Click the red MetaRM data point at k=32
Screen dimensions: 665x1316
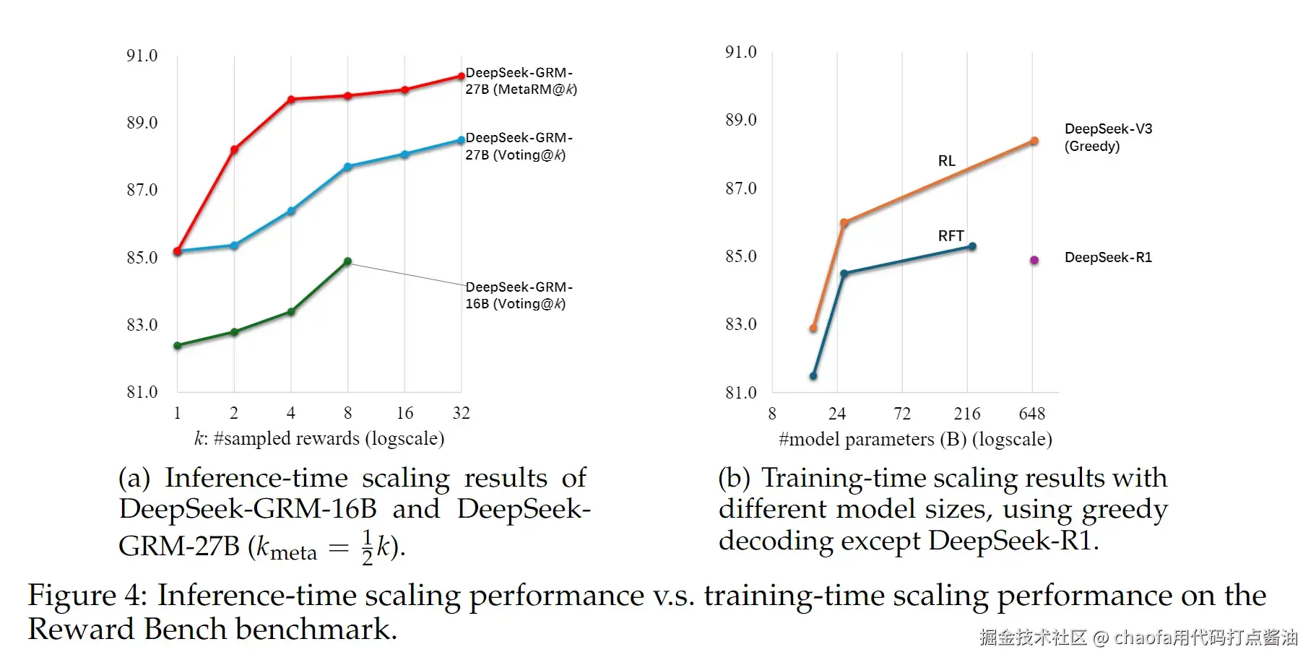click(462, 76)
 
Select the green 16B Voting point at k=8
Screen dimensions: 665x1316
click(347, 261)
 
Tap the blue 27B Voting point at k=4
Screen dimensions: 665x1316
click(291, 211)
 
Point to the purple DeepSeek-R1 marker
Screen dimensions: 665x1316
click(1034, 260)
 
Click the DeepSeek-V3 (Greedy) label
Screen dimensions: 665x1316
click(1108, 137)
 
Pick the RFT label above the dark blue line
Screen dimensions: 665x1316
click(951, 236)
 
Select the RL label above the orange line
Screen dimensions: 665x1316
click(946, 161)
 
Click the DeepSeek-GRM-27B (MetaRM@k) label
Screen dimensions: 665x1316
click(520, 81)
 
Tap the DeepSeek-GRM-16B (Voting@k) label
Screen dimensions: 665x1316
click(519, 295)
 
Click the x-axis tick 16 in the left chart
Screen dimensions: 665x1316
click(404, 413)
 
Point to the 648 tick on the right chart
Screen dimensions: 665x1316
click(1031, 414)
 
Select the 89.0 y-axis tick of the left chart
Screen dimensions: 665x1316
click(142, 123)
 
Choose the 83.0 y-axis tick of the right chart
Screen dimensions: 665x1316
click(740, 324)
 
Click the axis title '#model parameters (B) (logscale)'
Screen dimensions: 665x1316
click(915, 439)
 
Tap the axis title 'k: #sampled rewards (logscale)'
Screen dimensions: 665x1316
click(319, 438)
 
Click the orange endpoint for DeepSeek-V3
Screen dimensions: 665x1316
click(1034, 142)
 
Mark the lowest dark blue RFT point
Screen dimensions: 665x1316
click(813, 375)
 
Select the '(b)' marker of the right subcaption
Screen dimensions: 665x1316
click(733, 478)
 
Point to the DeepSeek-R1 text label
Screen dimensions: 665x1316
click(1108, 258)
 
